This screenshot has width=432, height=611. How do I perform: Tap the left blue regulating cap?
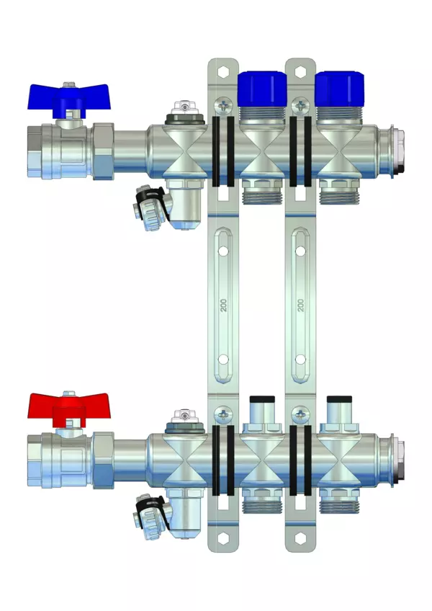(x=262, y=89)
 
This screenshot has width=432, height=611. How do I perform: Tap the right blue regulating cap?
(x=339, y=89)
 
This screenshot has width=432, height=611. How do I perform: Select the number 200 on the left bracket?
(x=223, y=305)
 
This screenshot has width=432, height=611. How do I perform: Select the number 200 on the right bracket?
(x=300, y=305)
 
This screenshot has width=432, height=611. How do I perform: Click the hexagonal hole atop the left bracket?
(x=222, y=72)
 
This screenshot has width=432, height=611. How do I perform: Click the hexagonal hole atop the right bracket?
(x=300, y=72)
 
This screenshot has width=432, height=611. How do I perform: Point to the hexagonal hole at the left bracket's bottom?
(x=222, y=539)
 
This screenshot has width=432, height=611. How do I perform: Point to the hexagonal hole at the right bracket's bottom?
(x=300, y=539)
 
